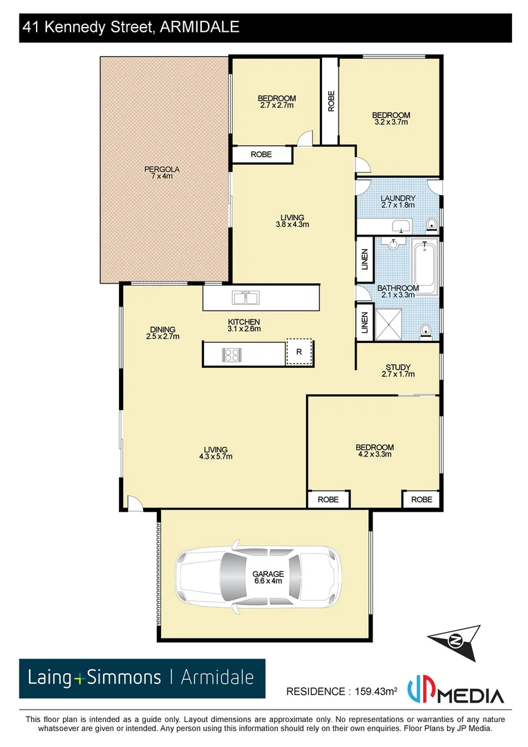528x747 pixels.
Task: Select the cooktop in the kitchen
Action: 231,354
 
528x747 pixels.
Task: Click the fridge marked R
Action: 299,352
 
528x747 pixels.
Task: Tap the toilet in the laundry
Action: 431,223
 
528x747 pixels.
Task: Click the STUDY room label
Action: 397,371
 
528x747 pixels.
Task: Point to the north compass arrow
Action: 453,638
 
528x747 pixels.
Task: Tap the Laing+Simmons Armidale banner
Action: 142,677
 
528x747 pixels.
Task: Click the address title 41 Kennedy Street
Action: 131,28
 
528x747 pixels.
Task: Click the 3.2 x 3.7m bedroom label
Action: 390,118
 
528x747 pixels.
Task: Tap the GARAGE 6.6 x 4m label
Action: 267,578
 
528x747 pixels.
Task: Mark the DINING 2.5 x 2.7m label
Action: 162,333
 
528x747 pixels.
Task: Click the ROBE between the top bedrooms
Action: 330,101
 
